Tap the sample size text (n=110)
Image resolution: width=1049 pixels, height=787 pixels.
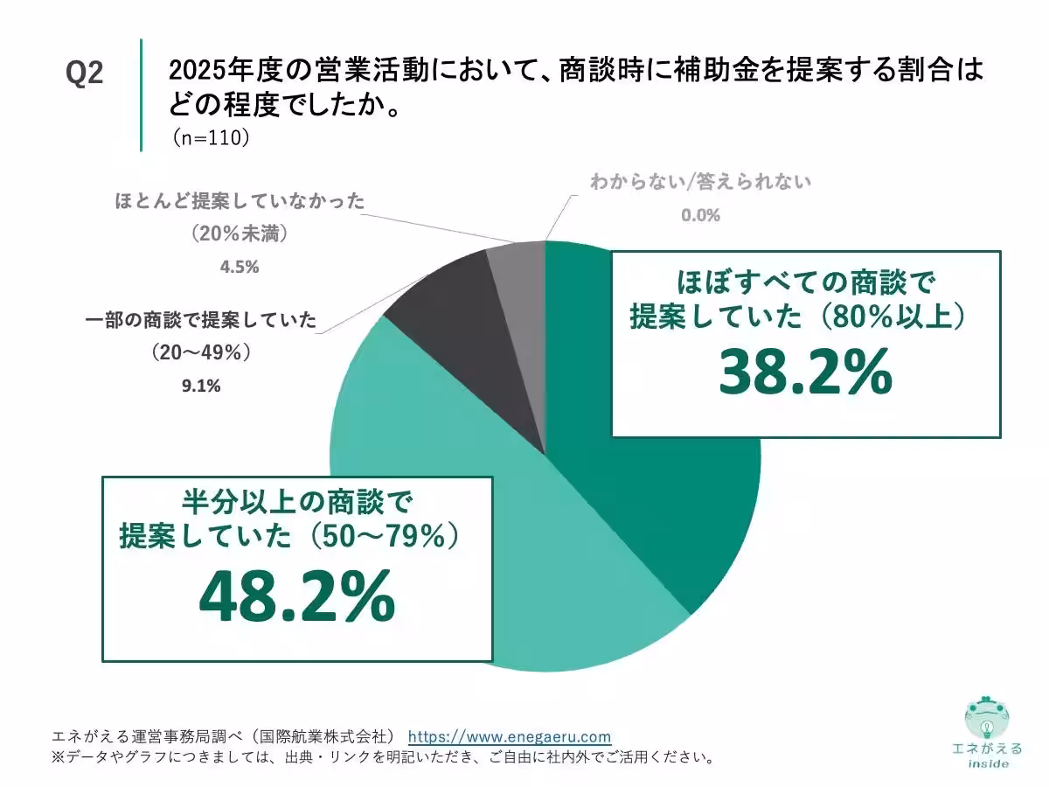(210, 137)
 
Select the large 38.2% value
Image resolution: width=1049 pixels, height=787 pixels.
(805, 374)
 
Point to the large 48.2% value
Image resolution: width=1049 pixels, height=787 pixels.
(297, 598)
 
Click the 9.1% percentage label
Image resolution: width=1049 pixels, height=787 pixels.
(202, 385)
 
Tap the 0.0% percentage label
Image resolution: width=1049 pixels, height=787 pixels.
(701, 215)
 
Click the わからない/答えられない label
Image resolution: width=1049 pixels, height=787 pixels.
(701, 183)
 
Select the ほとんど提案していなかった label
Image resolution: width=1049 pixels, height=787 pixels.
(240, 202)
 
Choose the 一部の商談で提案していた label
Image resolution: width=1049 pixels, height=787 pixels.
(200, 320)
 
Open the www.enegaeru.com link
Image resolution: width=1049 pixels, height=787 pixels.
(510, 736)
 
